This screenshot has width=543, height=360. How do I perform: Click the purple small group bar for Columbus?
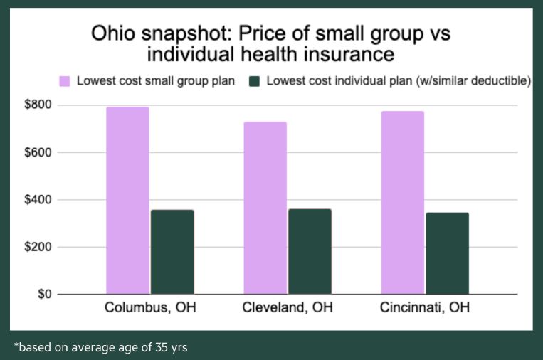pos(127,200)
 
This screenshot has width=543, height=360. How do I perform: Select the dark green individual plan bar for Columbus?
pos(172,252)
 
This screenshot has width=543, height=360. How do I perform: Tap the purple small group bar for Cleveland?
pos(265,208)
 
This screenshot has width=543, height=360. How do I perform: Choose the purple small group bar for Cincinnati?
pos(402,202)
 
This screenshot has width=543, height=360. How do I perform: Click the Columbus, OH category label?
pos(149,309)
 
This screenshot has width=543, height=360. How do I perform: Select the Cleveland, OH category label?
pos(287,309)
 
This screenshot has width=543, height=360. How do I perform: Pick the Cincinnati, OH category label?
pos(424,309)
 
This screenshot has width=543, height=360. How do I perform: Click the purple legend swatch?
pos(64,80)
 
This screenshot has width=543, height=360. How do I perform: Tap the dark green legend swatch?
pos(254,80)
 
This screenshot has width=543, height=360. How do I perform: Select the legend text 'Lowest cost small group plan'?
pos(156,80)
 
